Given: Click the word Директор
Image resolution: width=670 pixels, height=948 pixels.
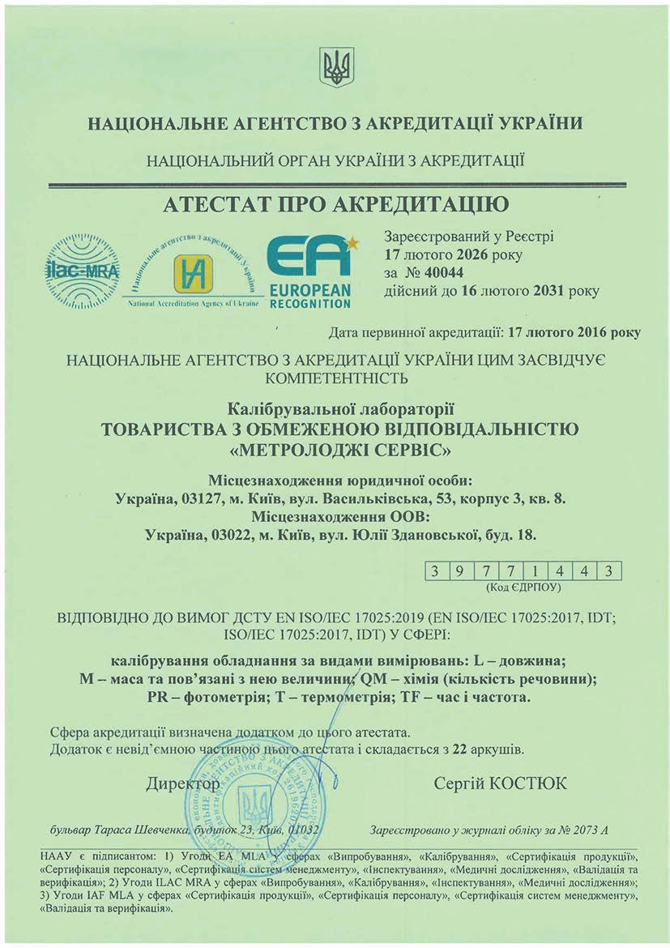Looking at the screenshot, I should pos(183,784).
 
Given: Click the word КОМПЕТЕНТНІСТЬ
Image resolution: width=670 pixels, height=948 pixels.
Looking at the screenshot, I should pos(335,376).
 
